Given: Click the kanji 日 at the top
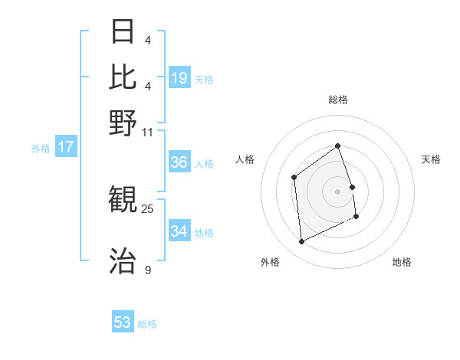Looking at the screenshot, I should [x=123, y=31].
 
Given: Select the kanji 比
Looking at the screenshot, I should [x=123, y=77].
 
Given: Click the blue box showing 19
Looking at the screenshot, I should [x=179, y=77].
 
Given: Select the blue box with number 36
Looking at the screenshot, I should [x=179, y=162].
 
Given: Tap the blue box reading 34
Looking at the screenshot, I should [x=179, y=231].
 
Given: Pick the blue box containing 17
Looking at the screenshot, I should [x=65, y=147].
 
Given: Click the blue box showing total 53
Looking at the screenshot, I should [x=123, y=322].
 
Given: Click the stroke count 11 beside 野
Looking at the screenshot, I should [x=148, y=132].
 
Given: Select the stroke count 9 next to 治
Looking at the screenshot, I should [x=148, y=270].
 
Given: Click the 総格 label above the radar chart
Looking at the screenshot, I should [x=337, y=100].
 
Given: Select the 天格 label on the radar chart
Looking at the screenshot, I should [x=431, y=159].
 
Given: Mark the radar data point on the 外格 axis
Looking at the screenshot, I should [x=301, y=242].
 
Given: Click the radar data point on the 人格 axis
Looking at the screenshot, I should [x=294, y=178].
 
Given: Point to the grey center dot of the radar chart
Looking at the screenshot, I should [x=337, y=191].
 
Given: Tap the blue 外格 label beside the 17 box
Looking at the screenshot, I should [x=41, y=149].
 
